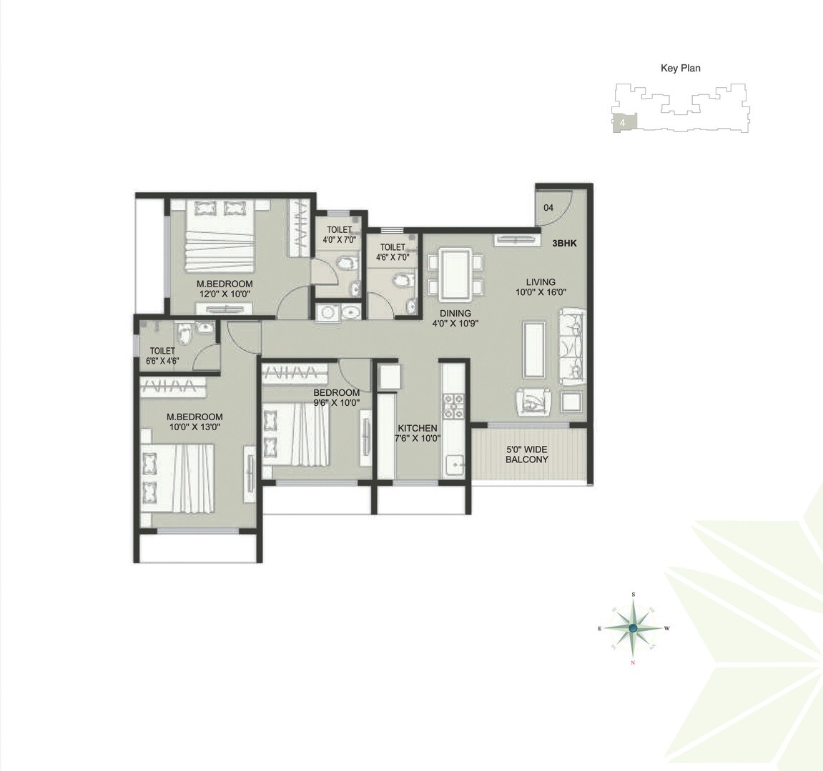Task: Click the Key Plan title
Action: coord(680,69)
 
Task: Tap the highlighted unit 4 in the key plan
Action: coord(624,123)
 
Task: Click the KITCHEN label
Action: coord(418,428)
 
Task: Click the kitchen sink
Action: coord(454,466)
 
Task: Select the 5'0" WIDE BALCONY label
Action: coord(526,454)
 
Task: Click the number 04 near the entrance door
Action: coord(548,208)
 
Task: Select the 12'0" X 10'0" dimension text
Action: coord(225,294)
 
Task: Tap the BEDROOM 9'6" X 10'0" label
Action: coord(336,397)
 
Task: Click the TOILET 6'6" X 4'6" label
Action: coord(162,356)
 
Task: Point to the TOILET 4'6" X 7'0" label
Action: coord(393,252)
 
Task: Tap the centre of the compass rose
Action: coord(634,628)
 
